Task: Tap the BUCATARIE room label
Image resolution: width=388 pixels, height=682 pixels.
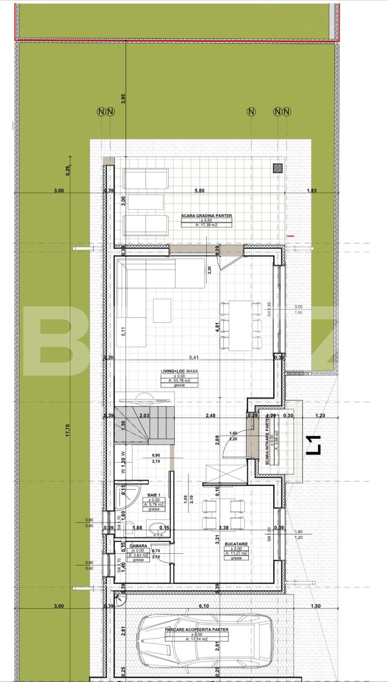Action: [x=237, y=544]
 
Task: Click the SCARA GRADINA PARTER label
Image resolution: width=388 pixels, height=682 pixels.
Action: [x=206, y=216]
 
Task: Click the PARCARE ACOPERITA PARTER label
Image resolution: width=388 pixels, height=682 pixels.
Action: [x=197, y=629]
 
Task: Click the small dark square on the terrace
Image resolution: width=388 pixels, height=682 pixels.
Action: [x=278, y=168]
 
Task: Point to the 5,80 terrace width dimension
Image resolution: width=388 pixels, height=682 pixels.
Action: [x=200, y=191]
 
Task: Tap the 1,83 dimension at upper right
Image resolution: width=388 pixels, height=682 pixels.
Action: [x=312, y=191]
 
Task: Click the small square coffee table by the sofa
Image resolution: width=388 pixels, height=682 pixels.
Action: [x=162, y=310]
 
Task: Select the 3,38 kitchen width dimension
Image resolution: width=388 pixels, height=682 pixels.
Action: [x=224, y=528]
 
